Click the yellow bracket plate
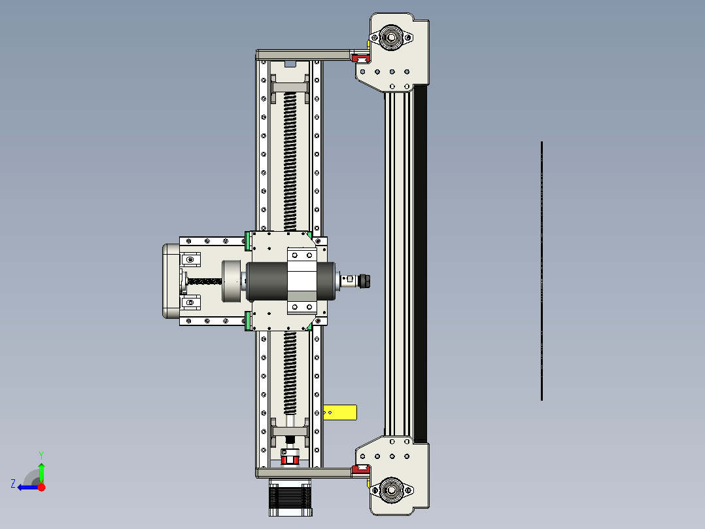pyautogui.click(x=340, y=412)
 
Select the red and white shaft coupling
pyautogui.click(x=289, y=458)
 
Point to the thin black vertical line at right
pyautogui.click(x=542, y=270)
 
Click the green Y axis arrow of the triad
pyautogui.click(x=41, y=471)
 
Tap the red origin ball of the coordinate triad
pyautogui.click(x=42, y=487)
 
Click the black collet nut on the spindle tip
pyautogui.click(x=365, y=281)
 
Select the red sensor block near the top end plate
pyautogui.click(x=360, y=60)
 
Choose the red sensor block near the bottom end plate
pyautogui.click(x=359, y=469)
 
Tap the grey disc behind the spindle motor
pyautogui.click(x=232, y=282)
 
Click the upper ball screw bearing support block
pyautogui.click(x=289, y=88)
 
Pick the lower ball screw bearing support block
pyautogui.click(x=289, y=433)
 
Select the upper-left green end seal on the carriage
pyautogui.click(x=249, y=242)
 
